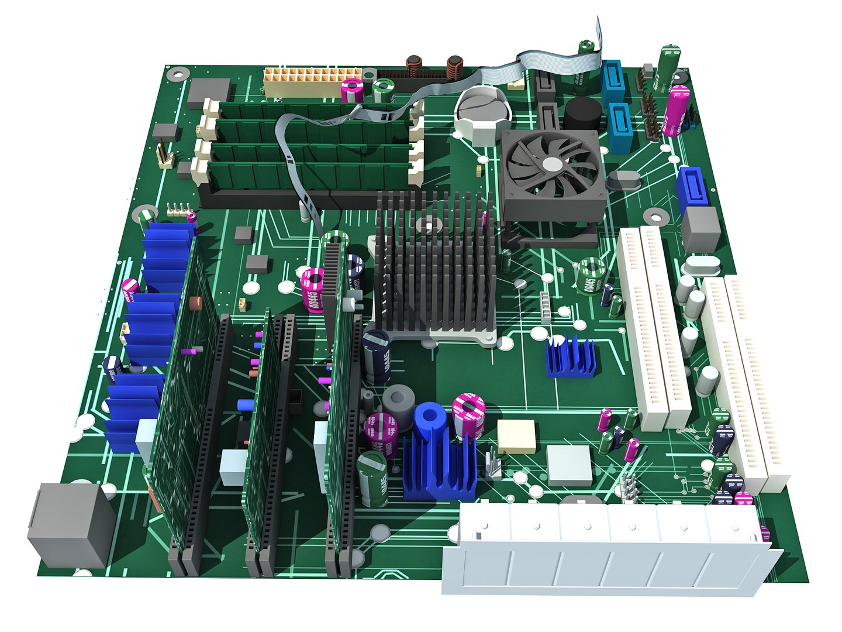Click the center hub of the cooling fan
coord(551,165)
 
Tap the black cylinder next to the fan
coord(582,114)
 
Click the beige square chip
coord(516,436)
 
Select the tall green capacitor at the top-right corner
coord(669,69)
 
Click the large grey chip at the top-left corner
coord(209,93)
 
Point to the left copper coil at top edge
coord(415,68)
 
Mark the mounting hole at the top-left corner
coord(177,74)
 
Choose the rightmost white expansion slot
coord(754,380)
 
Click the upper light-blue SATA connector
coord(613,78)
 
